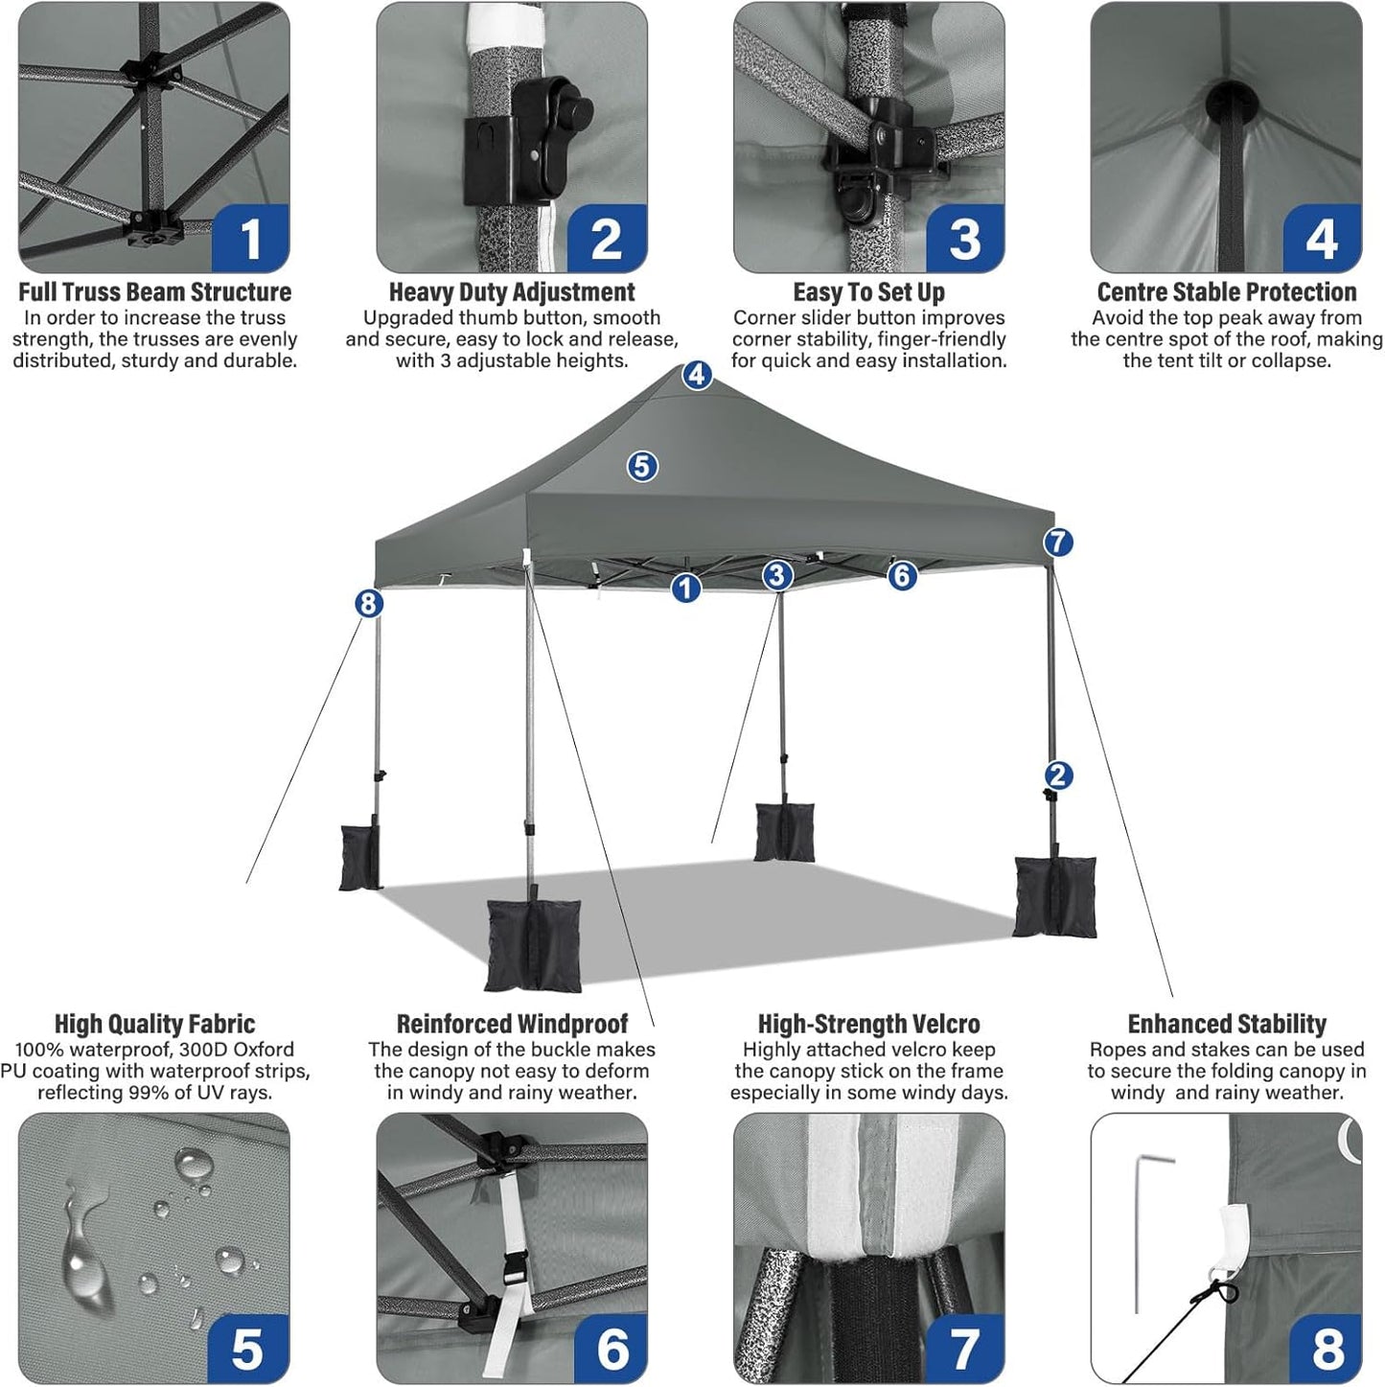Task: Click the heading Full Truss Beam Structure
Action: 154,291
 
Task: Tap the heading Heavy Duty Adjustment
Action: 512,291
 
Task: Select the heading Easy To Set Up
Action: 868,291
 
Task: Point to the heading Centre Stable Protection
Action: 1227,291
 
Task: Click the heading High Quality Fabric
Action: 154,1024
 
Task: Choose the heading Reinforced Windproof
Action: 512,1024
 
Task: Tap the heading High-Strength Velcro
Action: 868,1024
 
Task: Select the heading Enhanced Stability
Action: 1227,1024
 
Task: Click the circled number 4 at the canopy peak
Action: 697,375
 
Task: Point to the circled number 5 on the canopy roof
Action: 642,467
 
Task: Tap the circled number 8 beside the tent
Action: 369,603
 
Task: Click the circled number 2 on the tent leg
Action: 1058,774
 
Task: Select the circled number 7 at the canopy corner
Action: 1058,543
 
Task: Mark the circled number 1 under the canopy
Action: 685,588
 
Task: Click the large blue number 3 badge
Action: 964,239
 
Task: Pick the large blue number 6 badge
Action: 612,1349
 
